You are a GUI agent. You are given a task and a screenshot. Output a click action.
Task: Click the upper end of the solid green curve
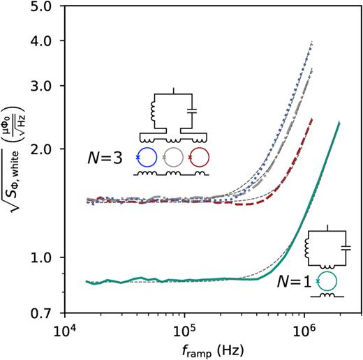pyautogui.click(x=339, y=123)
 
